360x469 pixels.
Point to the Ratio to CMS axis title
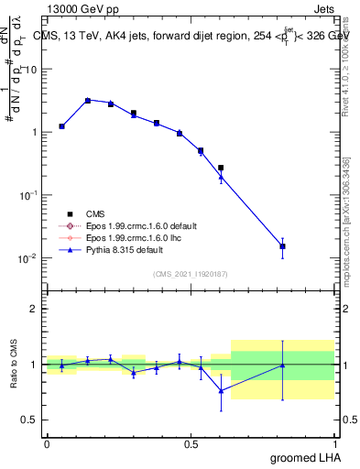click(15, 365)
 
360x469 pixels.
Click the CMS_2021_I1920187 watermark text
click(190, 273)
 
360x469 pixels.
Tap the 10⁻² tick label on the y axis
click(27, 258)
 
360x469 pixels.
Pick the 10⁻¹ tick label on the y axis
click(27, 195)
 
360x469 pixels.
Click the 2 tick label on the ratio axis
click(34, 310)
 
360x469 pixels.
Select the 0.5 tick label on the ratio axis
click(29, 420)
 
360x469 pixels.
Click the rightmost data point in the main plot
click(283, 246)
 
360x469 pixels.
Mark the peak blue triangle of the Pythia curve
click(88, 100)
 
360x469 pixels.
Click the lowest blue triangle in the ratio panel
click(221, 390)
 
